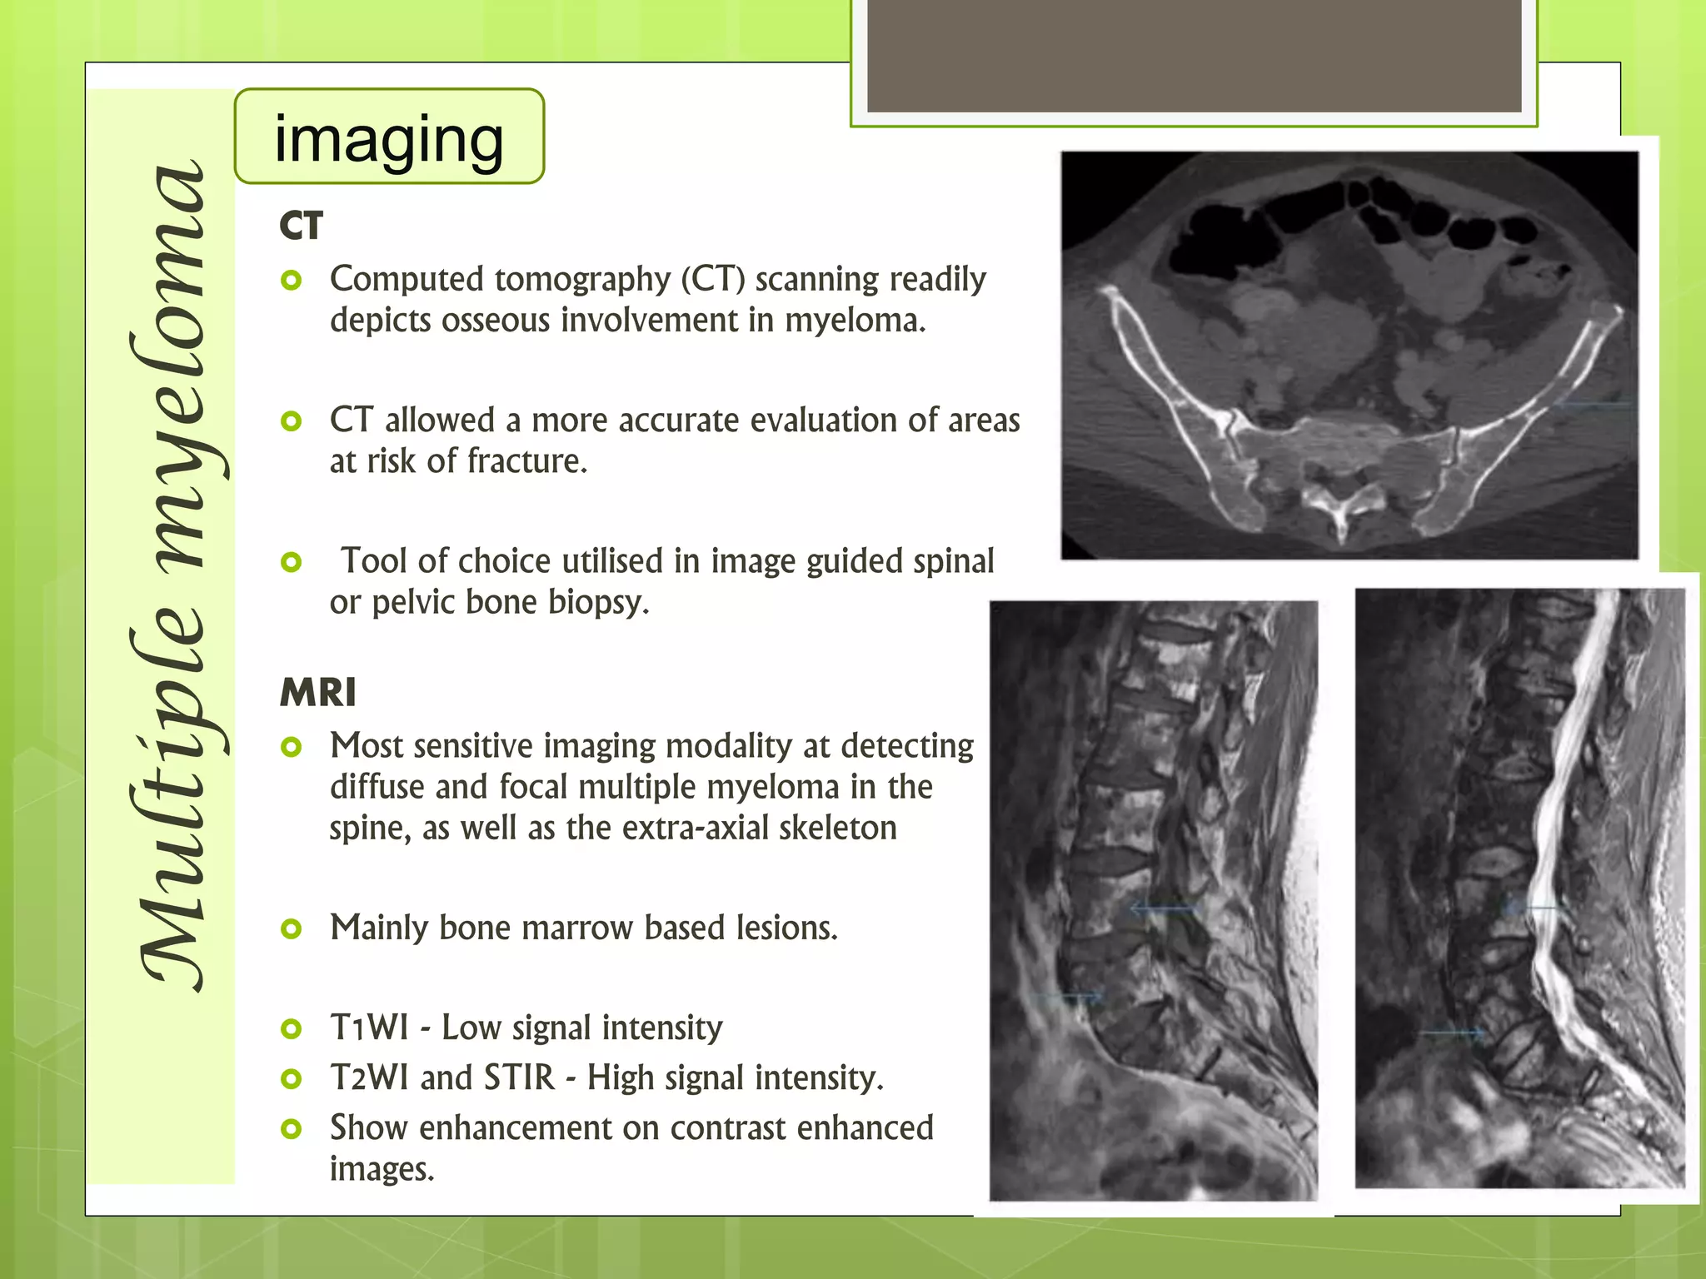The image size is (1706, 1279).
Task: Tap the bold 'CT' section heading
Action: coord(301,226)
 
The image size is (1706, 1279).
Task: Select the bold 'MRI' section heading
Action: coord(318,693)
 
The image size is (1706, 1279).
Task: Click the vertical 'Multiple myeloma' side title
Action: coord(170,575)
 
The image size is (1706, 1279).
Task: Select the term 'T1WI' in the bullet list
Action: coord(369,1028)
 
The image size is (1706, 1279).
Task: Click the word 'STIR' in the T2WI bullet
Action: coord(519,1077)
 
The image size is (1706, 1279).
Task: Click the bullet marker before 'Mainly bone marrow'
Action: coord(291,928)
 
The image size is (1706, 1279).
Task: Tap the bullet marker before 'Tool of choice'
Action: coord(291,562)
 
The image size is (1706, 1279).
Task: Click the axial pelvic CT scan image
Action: coord(1349,356)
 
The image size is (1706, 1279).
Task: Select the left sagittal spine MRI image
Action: coord(1153,900)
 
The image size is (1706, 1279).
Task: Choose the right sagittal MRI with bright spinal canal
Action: coord(1519,888)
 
